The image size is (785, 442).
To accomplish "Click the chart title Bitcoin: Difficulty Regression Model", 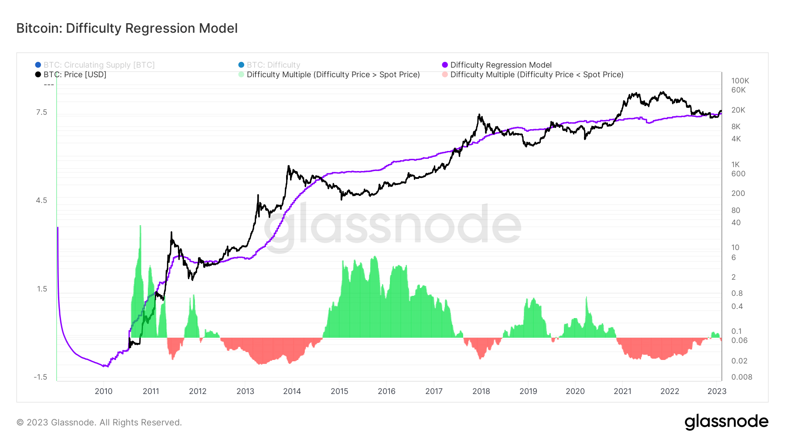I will pyautogui.click(x=127, y=28).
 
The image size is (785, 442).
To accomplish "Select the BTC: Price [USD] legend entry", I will pyautogui.click(x=75, y=75).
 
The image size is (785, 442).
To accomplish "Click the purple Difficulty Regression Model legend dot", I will pyautogui.click(x=445, y=65).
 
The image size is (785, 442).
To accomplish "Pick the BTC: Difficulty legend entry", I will pyautogui.click(x=273, y=65).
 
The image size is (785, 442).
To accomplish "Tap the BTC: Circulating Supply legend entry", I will pyautogui.click(x=99, y=65).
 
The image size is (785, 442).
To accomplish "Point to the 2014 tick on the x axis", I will pyautogui.click(x=292, y=391).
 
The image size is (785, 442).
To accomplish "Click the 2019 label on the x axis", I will pyautogui.click(x=528, y=391).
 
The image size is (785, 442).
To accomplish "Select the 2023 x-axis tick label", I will pyautogui.click(x=717, y=391).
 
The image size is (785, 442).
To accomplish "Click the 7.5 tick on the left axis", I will pyautogui.click(x=41, y=113).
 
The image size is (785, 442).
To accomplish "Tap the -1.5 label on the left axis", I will pyautogui.click(x=40, y=377).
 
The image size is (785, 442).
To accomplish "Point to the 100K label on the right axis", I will pyautogui.click(x=740, y=81).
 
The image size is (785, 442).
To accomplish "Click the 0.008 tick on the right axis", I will pyautogui.click(x=741, y=377).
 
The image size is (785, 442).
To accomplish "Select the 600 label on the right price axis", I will pyautogui.click(x=738, y=174).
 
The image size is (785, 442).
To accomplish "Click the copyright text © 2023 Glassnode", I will pyautogui.click(x=99, y=422).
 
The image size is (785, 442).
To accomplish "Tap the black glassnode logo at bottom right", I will pyautogui.click(x=726, y=422).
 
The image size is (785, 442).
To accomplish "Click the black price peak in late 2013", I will pyautogui.click(x=289, y=167).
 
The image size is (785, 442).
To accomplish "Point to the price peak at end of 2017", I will pyautogui.click(x=479, y=115).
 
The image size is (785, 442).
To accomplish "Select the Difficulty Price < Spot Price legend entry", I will pyautogui.click(x=536, y=75).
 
